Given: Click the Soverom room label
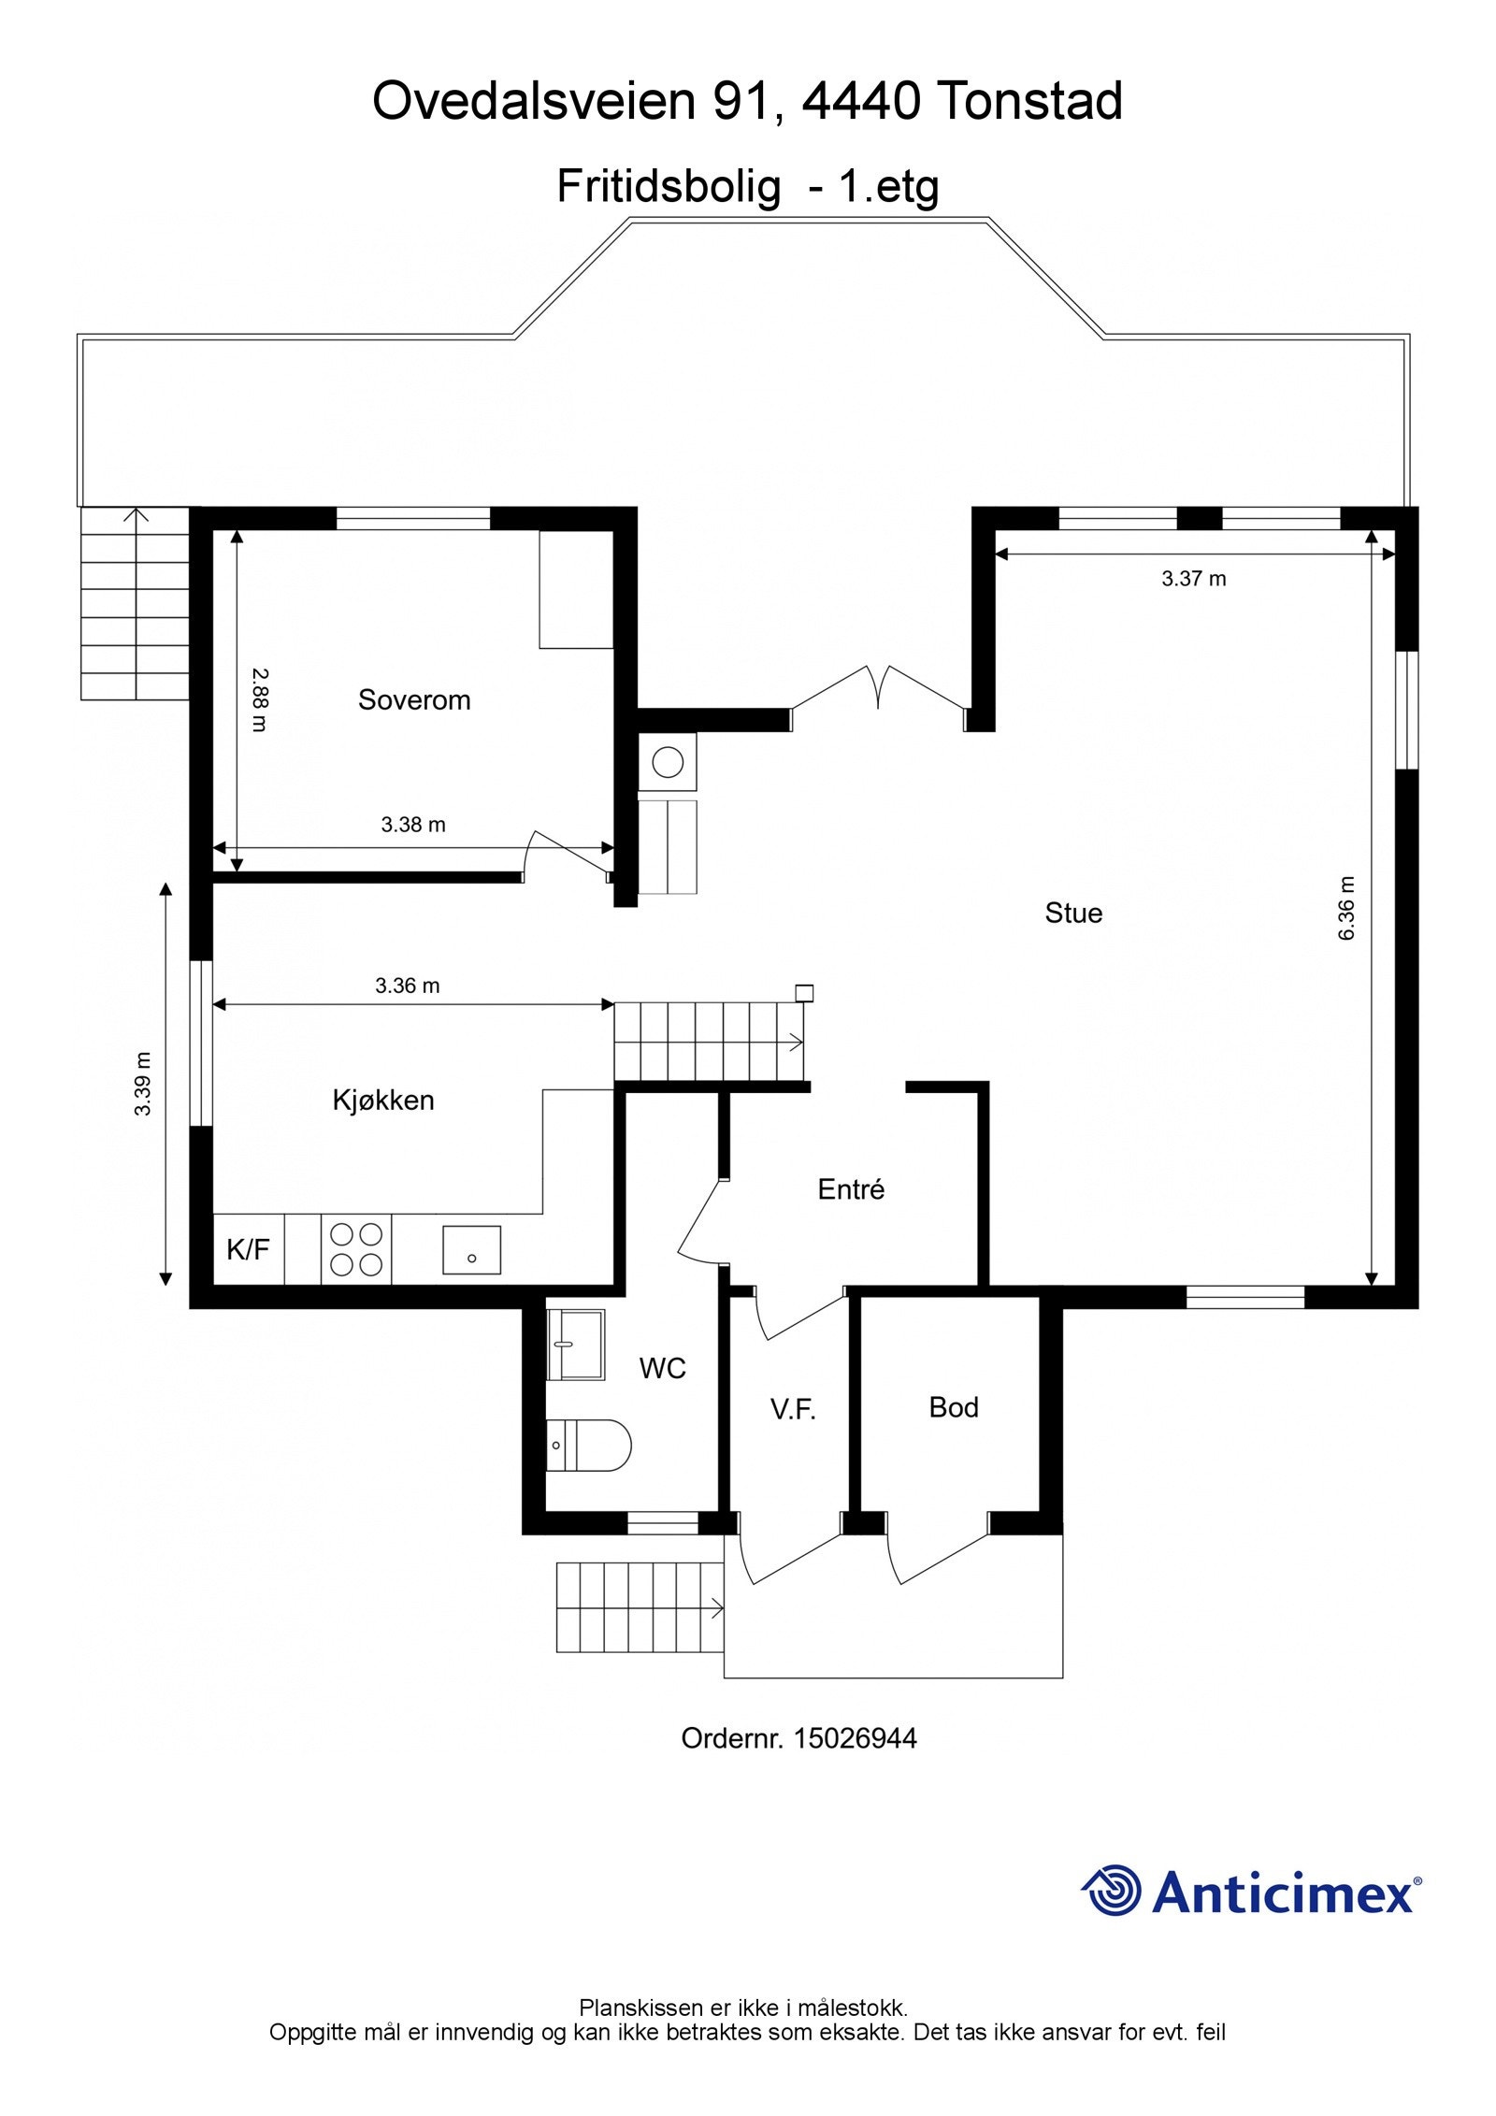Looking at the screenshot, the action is (414, 700).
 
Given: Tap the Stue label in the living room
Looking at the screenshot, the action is (1073, 913).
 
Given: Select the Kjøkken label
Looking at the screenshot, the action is (383, 1100).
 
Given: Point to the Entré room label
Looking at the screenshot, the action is (851, 1188).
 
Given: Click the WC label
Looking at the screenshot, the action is (663, 1369).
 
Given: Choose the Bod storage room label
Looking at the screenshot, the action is (954, 1407).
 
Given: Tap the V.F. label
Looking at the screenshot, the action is (794, 1411).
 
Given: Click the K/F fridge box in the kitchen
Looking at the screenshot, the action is (249, 1249).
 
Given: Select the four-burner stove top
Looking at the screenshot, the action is (356, 1249).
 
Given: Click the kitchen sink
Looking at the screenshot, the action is (471, 1250).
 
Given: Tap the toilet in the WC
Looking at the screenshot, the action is (588, 1445).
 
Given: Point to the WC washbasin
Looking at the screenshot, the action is (575, 1344).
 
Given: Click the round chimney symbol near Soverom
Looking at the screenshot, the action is (668, 762).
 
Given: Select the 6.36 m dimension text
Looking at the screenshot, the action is (1346, 908).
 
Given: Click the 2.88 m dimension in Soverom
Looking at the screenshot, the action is (259, 699).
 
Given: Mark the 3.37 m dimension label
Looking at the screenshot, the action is (1194, 579).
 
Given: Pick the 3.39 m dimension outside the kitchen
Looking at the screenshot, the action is (142, 1084).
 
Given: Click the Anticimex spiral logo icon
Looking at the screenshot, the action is (1112, 1891).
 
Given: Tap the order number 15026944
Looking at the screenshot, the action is (855, 1738).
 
